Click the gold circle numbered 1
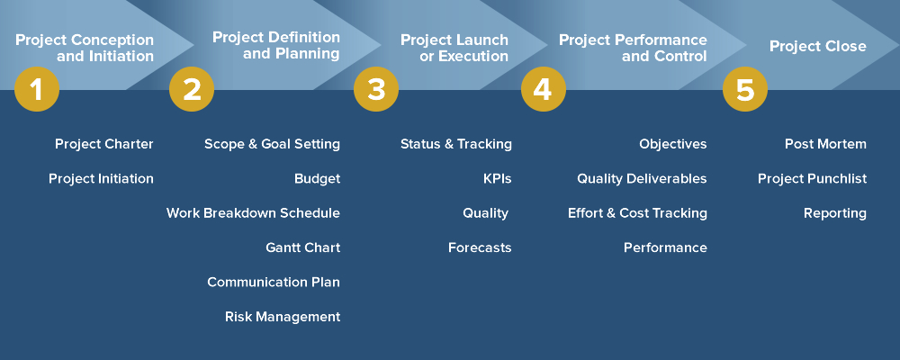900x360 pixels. coord(37,89)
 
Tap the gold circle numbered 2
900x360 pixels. coord(192,89)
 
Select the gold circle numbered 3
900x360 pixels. coord(376,89)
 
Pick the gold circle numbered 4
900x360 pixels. coord(544,89)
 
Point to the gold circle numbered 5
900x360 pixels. coord(745,89)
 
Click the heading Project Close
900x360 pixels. coord(817,46)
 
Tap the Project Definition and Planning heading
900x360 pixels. coord(276,45)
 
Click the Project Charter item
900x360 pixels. coord(103,144)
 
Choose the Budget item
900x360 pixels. coord(317,178)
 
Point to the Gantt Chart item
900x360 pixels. coord(302,247)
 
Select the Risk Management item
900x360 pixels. coord(283,317)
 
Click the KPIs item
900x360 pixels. coord(497,178)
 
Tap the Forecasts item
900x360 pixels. coord(480,247)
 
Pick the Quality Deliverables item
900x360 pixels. coord(642,178)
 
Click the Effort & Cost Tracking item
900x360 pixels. coord(637,213)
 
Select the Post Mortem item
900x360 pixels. coord(825,144)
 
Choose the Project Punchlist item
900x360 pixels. coord(812,178)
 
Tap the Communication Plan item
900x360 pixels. coord(274,282)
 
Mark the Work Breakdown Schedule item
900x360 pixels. coord(253,213)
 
